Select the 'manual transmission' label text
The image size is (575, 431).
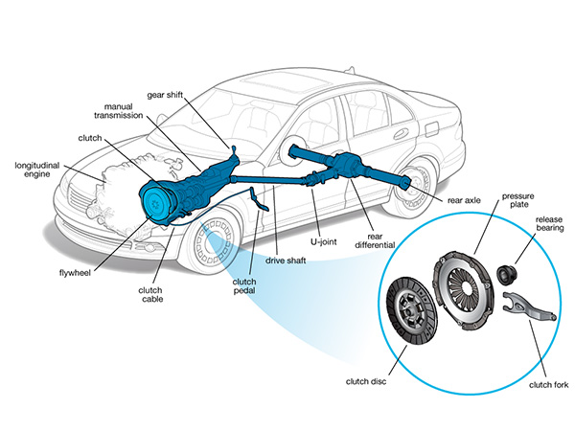(x=123, y=108)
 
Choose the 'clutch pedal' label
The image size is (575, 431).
(x=243, y=287)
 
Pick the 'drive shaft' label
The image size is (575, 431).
(x=287, y=261)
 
